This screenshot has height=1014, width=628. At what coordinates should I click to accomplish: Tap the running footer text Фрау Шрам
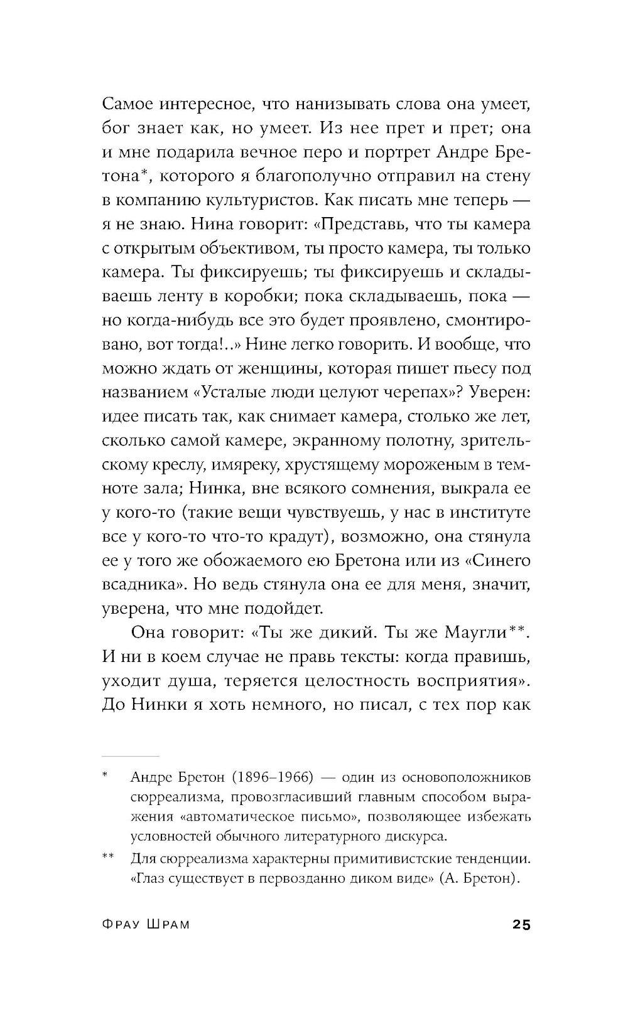[x=145, y=925]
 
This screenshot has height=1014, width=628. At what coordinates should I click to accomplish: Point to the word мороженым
[x=423, y=464]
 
